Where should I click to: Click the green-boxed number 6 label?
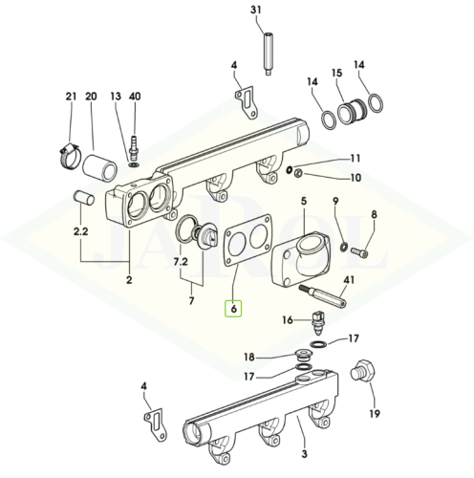point(234,309)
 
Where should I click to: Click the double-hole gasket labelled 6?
point(248,240)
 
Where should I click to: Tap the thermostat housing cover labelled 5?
point(301,259)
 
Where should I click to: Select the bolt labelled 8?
point(359,252)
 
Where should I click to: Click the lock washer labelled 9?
point(344,247)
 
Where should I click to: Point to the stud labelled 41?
point(322,296)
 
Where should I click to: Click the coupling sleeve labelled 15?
point(353,112)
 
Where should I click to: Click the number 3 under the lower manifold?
point(304,454)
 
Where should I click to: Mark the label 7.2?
point(181,262)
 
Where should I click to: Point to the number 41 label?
point(349,280)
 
